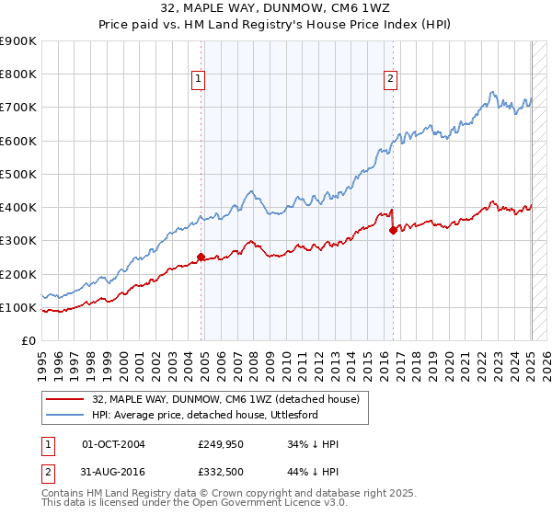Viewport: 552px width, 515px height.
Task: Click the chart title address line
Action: pos(275,10)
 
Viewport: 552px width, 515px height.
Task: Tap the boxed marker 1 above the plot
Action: pos(198,80)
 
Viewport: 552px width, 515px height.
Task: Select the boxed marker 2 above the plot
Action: pos(390,80)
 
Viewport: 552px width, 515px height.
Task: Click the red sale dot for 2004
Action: pos(201,257)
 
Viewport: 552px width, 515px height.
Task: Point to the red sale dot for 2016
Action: pos(393,230)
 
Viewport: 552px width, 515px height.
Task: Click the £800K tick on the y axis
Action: pos(19,74)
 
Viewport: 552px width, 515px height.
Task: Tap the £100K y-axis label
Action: pos(19,307)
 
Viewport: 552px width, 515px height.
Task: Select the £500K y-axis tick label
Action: pos(19,174)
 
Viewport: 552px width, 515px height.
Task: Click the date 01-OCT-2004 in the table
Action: pos(113,445)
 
